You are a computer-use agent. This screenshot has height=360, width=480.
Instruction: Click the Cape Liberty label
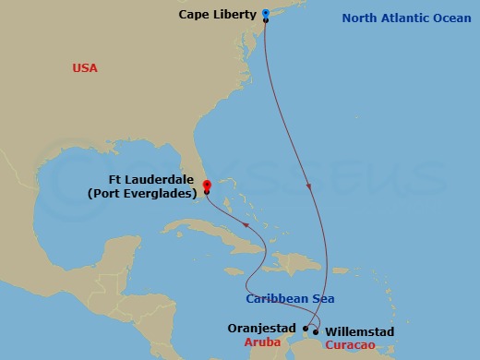(x=222, y=15)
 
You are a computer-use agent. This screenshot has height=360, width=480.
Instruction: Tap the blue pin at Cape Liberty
(x=265, y=14)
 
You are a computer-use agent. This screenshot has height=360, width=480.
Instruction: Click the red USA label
(x=85, y=68)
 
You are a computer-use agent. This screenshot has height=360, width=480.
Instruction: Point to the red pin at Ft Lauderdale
(x=207, y=185)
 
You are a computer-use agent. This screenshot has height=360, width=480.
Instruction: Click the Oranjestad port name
(x=261, y=328)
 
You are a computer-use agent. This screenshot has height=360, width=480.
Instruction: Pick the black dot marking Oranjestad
(x=306, y=328)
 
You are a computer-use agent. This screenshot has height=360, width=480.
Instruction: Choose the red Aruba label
(x=262, y=342)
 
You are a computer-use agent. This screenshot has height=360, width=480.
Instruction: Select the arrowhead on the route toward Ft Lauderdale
(x=246, y=225)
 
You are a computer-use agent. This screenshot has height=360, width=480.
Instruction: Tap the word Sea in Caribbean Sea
(x=323, y=298)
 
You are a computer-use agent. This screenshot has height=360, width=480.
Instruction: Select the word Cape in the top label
(x=198, y=15)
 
